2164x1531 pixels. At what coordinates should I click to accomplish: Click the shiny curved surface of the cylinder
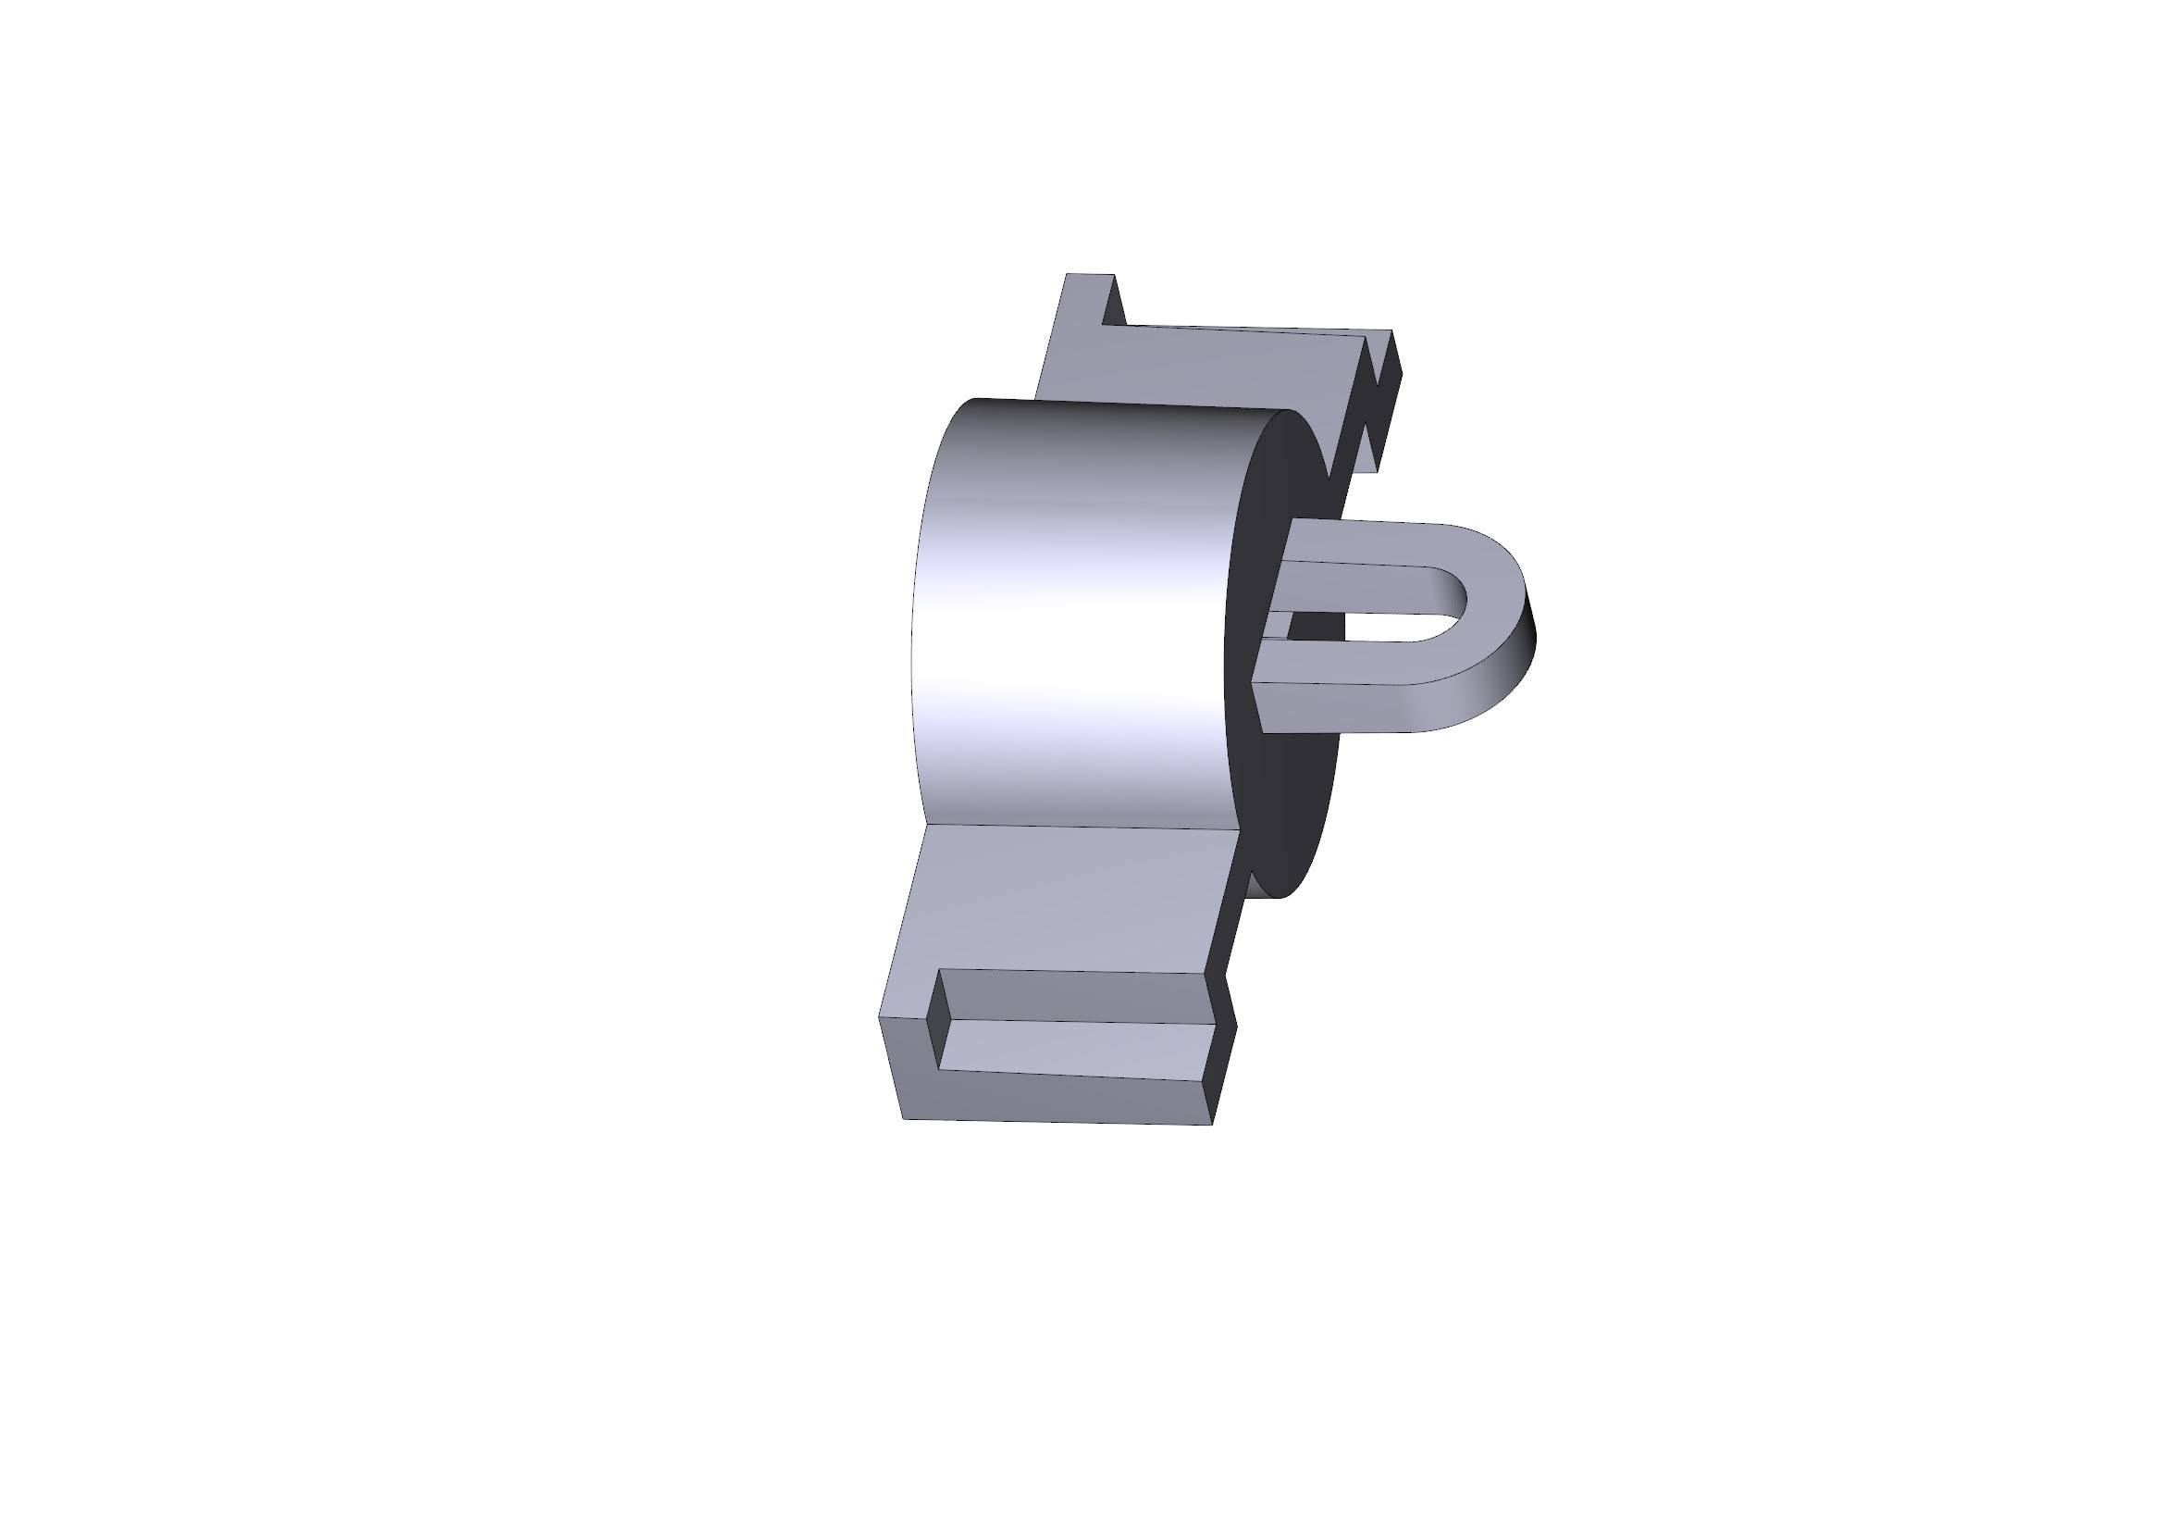[1074, 613]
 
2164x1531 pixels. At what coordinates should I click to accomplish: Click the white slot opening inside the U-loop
[1366, 627]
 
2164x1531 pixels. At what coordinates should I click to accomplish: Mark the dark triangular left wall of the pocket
[935, 1023]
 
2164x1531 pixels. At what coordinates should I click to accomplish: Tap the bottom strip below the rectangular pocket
[1056, 1099]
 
